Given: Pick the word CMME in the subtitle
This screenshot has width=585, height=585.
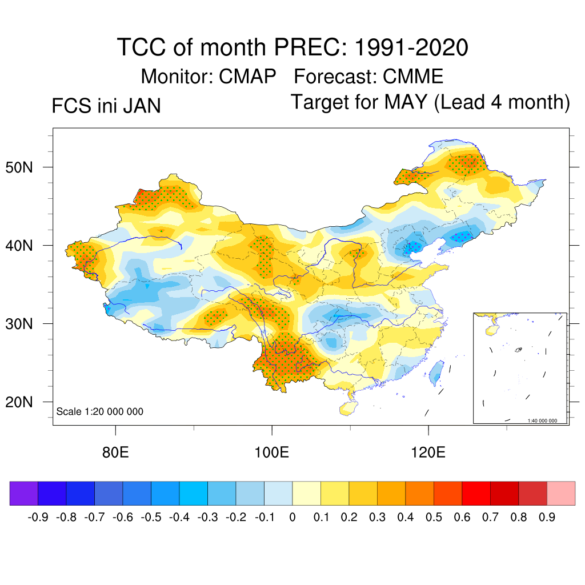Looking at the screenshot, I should [413, 76].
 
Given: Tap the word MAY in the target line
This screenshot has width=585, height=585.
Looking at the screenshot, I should [405, 102].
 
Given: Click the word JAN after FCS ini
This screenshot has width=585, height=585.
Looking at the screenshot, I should [141, 106].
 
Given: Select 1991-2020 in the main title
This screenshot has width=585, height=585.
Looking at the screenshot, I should [411, 47].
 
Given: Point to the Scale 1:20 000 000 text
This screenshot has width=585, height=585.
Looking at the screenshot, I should [100, 412].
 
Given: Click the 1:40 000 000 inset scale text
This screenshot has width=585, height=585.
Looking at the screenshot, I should [546, 420].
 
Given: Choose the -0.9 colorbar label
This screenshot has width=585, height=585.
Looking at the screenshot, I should [38, 518].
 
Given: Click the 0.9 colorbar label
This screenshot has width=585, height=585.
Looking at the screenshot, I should [547, 518].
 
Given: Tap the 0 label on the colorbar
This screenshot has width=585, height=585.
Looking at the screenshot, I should [292, 518].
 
